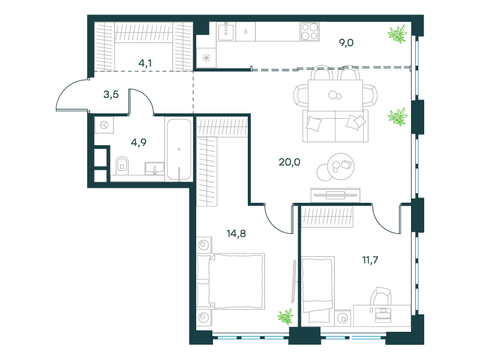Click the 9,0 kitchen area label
click(346, 43)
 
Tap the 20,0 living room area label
click(289, 162)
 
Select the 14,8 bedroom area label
click(236, 233)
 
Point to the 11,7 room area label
click(370, 260)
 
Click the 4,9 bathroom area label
click(139, 142)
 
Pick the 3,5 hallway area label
click(111, 94)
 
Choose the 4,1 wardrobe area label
click(145, 63)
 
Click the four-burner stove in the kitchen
click(310, 31)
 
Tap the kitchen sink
click(226, 31)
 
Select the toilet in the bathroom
click(122, 166)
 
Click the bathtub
click(179, 149)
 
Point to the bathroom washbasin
click(154, 169)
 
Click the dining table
click(335, 95)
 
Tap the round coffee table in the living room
click(341, 166)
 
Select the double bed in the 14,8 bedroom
click(230, 281)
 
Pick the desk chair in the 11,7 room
click(381, 296)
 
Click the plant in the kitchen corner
click(397, 33)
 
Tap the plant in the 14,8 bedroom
click(286, 317)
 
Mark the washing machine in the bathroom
click(104, 125)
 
